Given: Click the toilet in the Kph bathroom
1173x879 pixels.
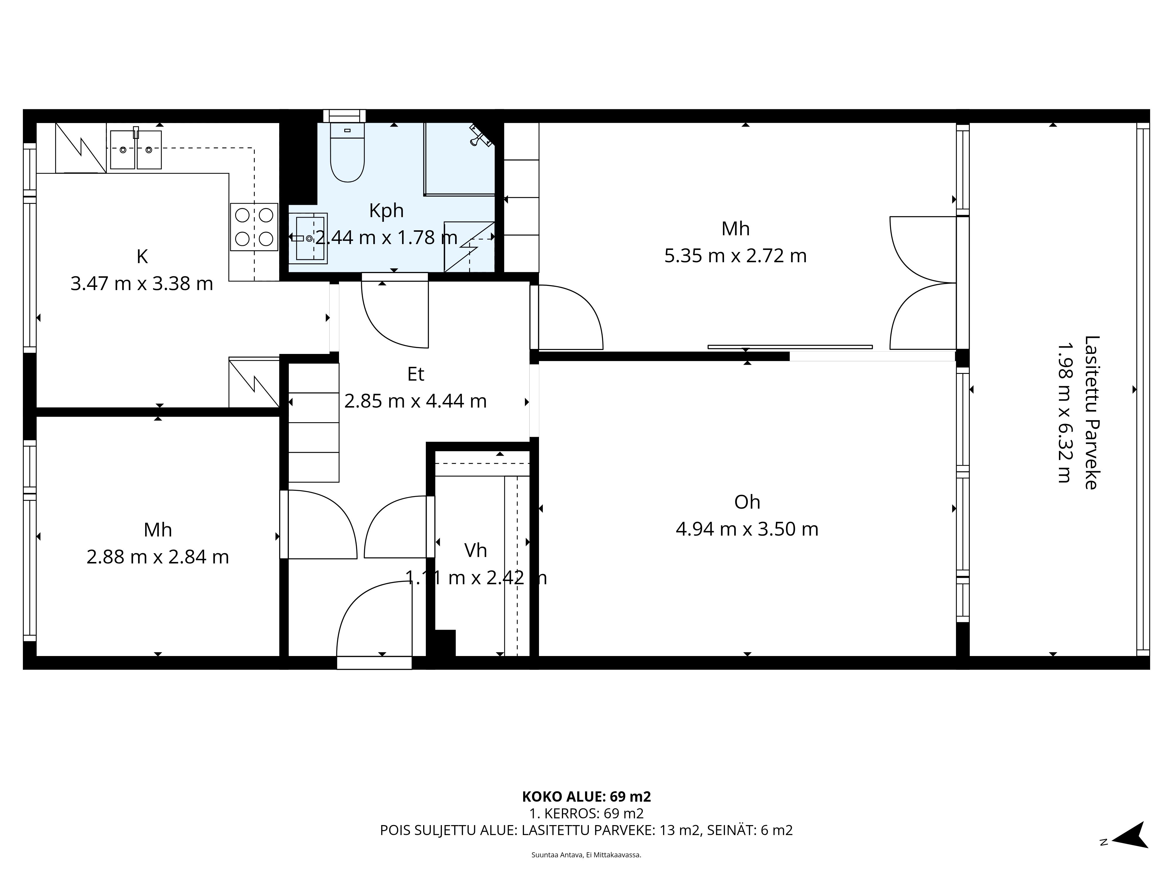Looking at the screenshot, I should (347, 154).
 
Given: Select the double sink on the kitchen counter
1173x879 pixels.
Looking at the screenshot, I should (136, 150).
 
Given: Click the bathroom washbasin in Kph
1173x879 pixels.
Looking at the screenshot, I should (309, 239).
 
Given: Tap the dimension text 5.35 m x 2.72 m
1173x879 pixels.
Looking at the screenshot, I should (735, 256).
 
